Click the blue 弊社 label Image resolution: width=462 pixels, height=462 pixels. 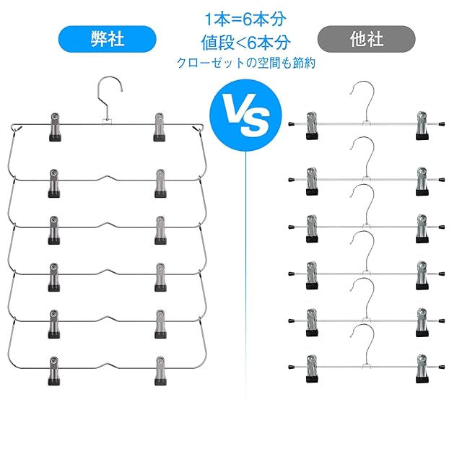pos(108,39)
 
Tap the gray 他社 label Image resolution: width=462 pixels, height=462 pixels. pos(366,39)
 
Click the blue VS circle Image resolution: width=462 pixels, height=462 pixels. pos(245,115)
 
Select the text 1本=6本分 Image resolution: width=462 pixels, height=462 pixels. pos(245,19)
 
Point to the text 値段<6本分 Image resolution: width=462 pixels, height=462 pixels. pos(245,43)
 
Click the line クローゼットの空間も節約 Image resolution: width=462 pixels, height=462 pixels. pos(246,63)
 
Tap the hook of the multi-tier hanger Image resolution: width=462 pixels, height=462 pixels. pos(110,96)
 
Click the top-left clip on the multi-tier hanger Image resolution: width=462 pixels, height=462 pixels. pos(55,127)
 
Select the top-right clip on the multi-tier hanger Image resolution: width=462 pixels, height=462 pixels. pos(159,127)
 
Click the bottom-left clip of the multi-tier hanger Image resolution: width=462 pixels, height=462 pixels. pos(54,371)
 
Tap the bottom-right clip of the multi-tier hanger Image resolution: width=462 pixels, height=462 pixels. pos(160,371)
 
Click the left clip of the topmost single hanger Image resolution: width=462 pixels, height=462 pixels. pos(312,126)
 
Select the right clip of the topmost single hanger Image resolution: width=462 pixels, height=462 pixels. pos(422,126)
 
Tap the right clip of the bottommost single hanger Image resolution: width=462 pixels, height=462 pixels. pos(422,369)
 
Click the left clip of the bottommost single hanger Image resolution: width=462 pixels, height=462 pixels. pos(312,369)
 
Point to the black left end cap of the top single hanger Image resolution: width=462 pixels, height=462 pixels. pos(292,124)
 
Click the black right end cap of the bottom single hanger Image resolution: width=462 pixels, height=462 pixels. pos(442,367)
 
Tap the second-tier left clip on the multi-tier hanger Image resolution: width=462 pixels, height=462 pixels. pos(54,183)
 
